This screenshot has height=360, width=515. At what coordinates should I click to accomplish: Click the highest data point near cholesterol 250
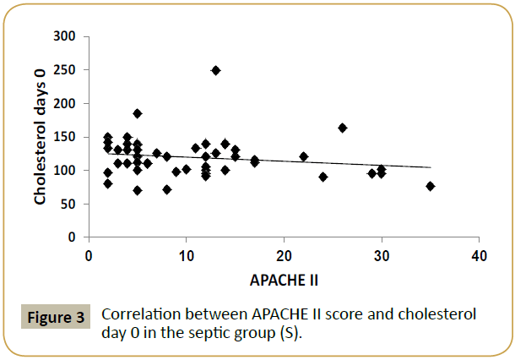tap(215, 70)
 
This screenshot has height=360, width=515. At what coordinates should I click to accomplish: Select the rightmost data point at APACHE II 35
tap(431, 186)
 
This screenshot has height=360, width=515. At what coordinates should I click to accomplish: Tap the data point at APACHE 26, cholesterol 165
tap(343, 128)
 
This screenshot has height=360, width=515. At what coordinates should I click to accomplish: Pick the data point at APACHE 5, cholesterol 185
tap(138, 113)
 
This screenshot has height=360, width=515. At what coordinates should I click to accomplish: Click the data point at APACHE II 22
tap(304, 156)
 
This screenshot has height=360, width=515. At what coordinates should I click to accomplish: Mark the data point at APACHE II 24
tap(323, 177)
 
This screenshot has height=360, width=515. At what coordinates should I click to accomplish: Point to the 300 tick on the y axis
tap(67, 37)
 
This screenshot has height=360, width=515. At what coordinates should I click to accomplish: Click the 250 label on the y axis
tap(67, 70)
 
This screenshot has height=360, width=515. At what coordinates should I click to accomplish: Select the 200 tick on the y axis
tap(67, 104)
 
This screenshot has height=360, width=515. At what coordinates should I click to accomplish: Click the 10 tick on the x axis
tap(186, 254)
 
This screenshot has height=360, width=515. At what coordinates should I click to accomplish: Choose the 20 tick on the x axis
tap(284, 254)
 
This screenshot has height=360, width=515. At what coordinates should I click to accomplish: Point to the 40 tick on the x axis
tap(479, 254)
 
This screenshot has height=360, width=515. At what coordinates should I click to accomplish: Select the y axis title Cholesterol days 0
tap(40, 135)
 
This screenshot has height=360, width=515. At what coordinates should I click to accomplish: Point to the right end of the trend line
tap(431, 167)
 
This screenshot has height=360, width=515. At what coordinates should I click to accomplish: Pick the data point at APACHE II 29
tap(371, 173)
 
